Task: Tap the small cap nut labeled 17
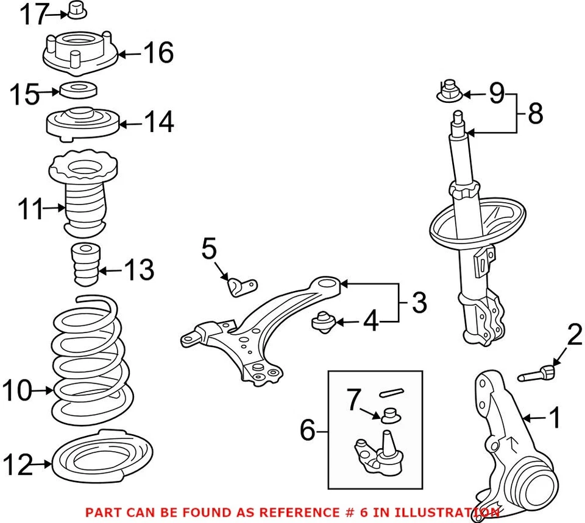(76, 10)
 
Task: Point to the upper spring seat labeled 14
(81, 123)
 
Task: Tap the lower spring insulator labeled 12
(101, 458)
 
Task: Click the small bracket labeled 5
(242, 285)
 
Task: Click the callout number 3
(419, 303)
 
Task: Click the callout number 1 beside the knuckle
(555, 418)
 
